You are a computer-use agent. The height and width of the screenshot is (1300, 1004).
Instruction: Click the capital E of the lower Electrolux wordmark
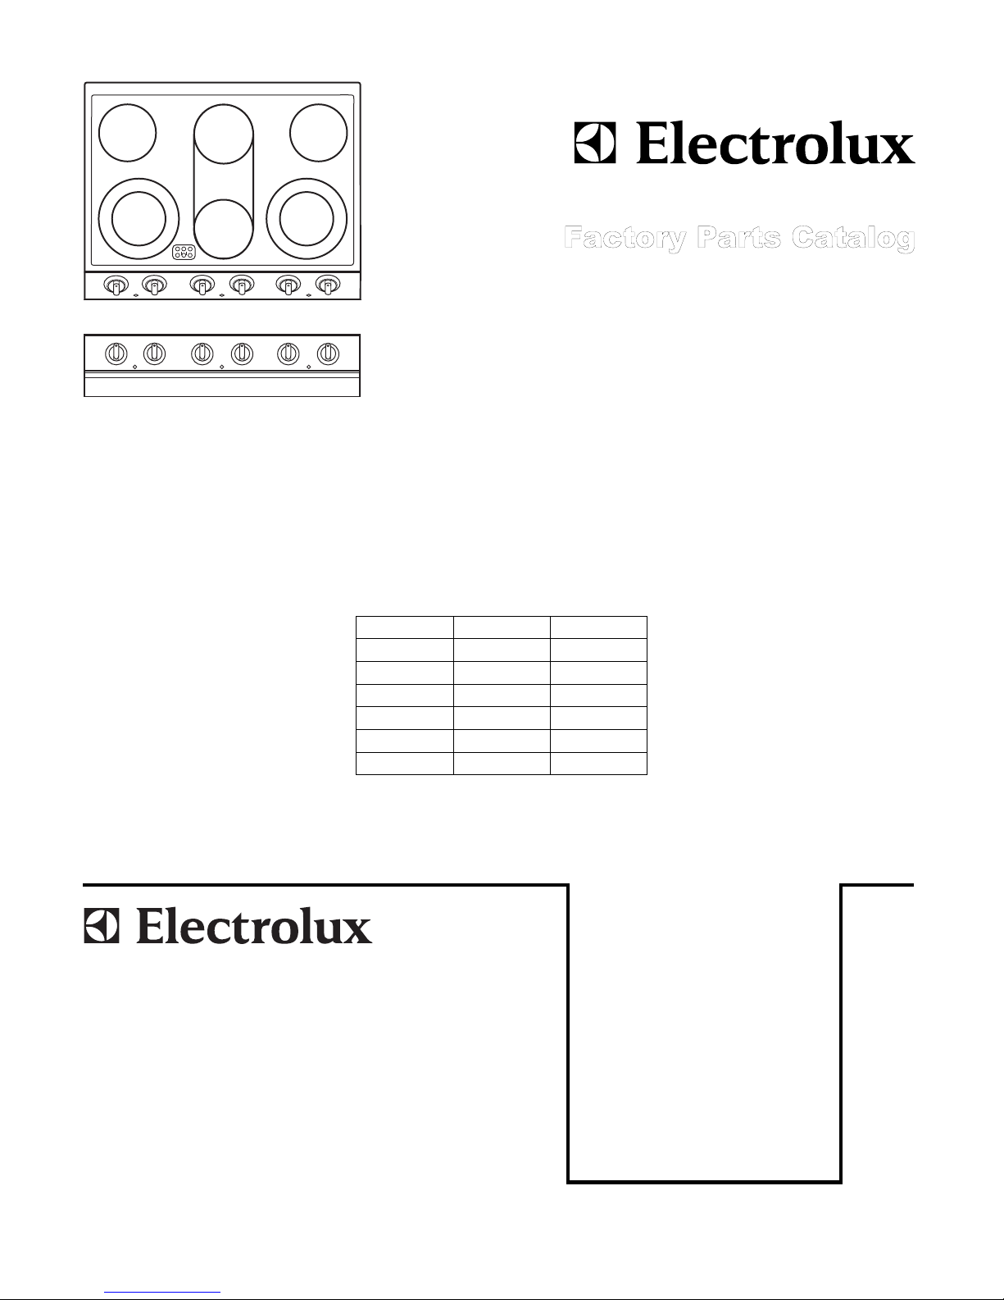click(151, 927)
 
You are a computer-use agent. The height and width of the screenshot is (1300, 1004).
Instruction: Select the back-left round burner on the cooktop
click(127, 133)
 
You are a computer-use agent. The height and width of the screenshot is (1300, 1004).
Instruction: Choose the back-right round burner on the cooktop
click(318, 133)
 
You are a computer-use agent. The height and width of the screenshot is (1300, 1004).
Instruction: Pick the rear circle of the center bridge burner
click(223, 135)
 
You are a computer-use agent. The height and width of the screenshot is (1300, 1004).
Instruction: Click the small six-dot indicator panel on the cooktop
click(184, 253)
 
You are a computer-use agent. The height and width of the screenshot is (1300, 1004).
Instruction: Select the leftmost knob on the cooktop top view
click(116, 285)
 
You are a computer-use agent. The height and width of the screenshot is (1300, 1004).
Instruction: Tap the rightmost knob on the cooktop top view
click(328, 285)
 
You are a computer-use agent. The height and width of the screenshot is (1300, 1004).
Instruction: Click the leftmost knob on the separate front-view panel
click(116, 354)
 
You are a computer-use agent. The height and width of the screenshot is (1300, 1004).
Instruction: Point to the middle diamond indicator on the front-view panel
click(222, 367)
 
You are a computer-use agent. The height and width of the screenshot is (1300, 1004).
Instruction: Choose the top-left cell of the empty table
click(404, 627)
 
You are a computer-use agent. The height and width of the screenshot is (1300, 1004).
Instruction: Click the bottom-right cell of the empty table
click(598, 764)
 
